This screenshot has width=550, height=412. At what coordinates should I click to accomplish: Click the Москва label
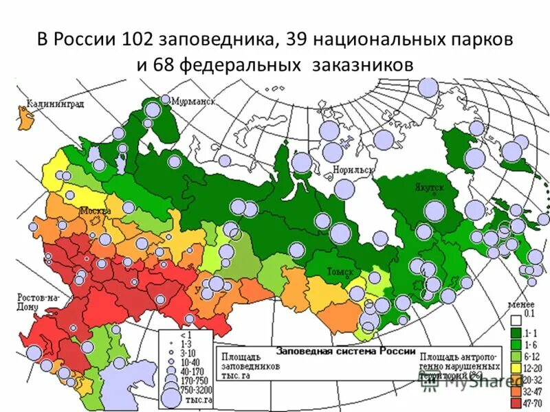95,210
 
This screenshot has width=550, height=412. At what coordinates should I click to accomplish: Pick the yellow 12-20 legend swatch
515,367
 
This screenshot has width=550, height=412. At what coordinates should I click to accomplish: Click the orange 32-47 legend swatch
515,390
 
